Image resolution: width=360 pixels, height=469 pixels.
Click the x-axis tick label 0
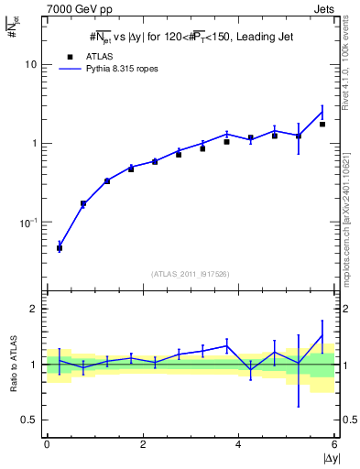[47, 444]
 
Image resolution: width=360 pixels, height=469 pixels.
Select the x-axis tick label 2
[143, 444]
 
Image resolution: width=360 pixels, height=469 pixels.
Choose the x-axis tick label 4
[239, 444]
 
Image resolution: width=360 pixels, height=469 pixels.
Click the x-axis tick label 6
[334, 444]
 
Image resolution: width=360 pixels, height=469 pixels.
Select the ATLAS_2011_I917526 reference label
[190, 273]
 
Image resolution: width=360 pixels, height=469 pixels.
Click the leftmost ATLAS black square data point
[60, 248]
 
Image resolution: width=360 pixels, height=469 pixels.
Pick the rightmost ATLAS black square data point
[322, 125]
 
